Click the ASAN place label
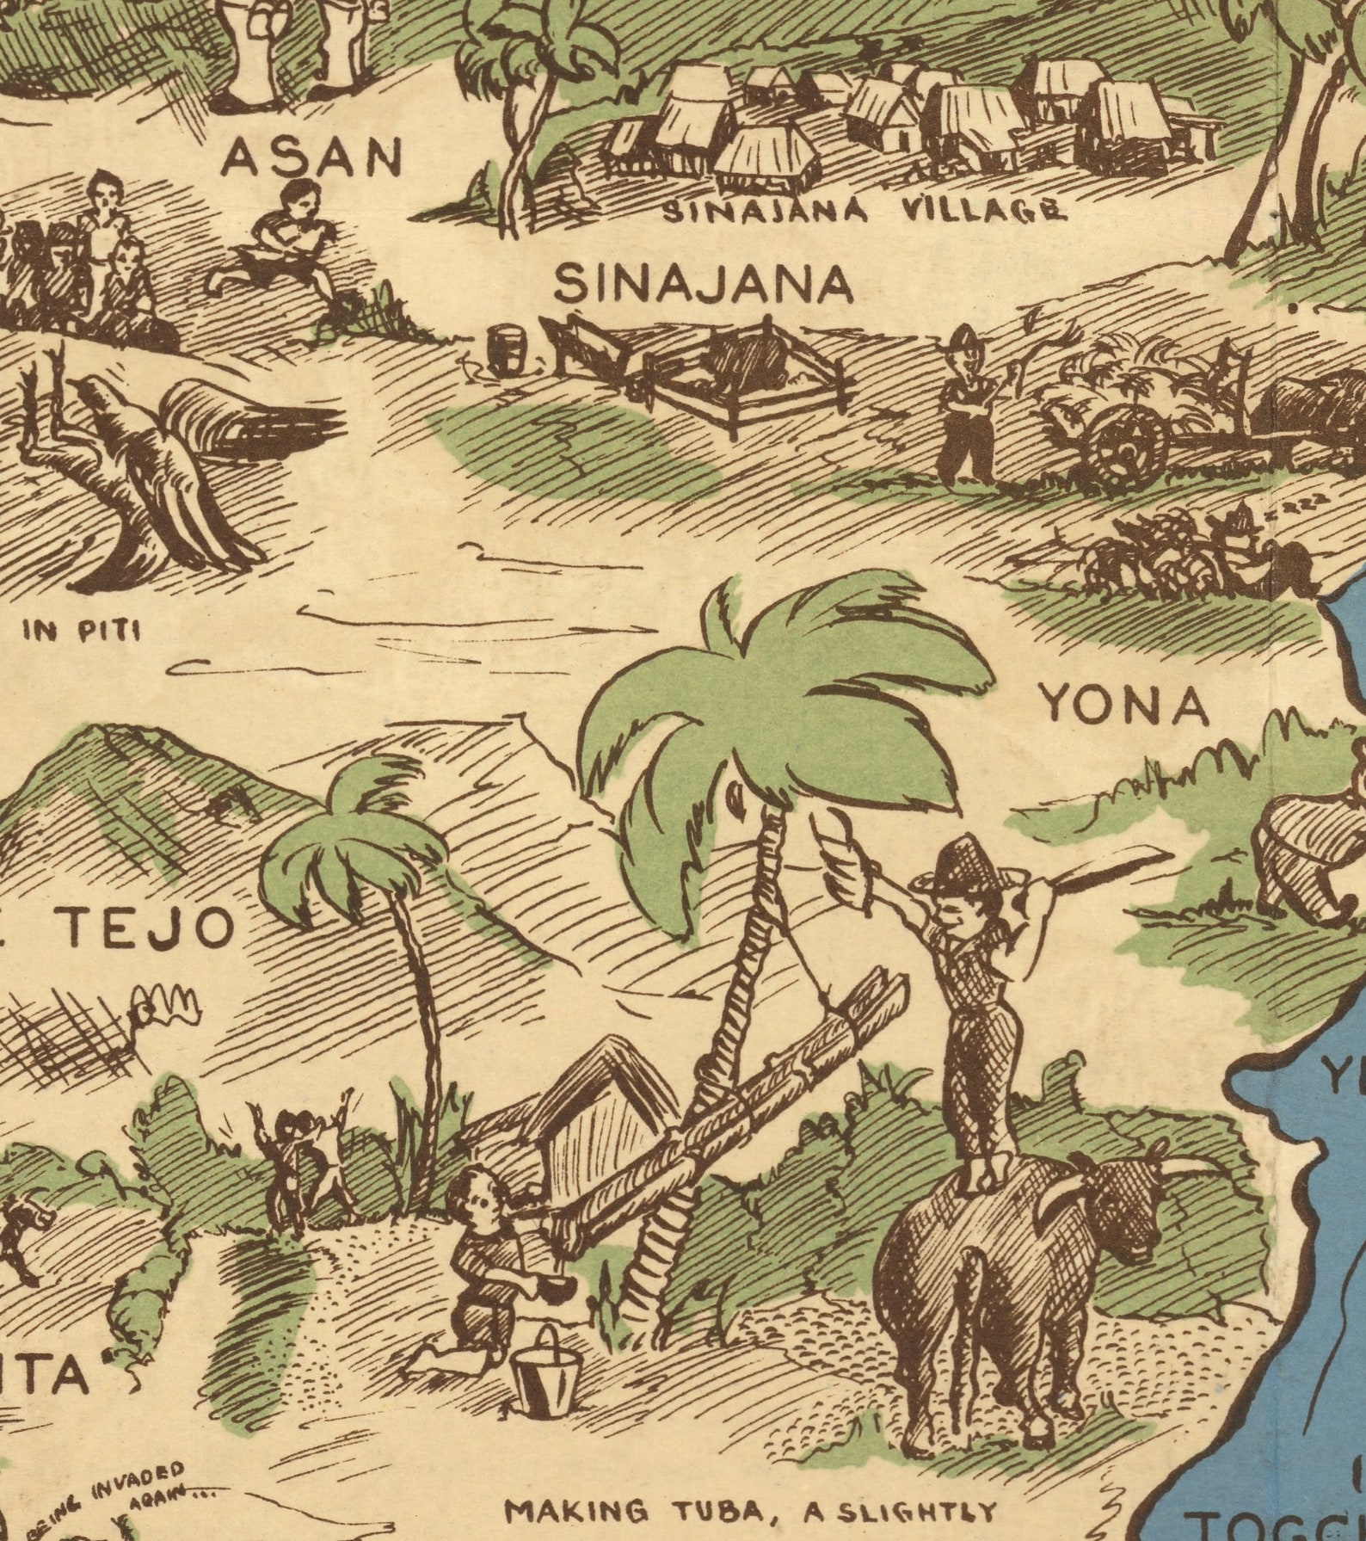point(312,157)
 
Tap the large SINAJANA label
point(703,284)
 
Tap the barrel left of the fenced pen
point(506,349)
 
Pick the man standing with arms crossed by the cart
point(965,404)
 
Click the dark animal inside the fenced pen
point(744,362)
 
